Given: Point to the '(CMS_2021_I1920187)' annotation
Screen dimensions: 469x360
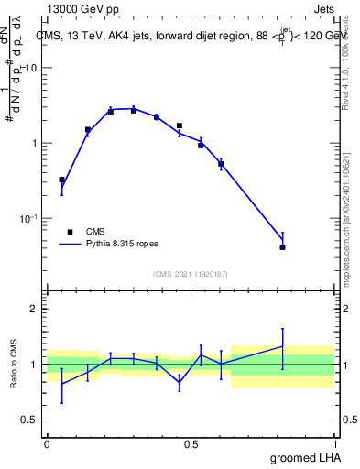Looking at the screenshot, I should coord(191,274).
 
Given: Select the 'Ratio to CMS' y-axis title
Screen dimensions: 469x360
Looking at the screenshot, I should coord(15,364).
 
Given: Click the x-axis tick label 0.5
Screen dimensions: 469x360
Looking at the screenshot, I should coord(191,444).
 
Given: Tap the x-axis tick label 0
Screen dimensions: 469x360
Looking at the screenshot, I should coord(47,444).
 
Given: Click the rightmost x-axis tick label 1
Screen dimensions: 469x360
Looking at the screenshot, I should coord(335,444).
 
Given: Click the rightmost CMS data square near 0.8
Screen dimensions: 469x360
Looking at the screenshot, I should coord(282,247).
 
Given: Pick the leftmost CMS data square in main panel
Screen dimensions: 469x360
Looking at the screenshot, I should coord(61,180).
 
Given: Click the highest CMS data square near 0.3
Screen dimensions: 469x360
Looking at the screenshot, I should coord(133,110).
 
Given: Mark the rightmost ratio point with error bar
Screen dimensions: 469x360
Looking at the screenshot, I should coord(282,346).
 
